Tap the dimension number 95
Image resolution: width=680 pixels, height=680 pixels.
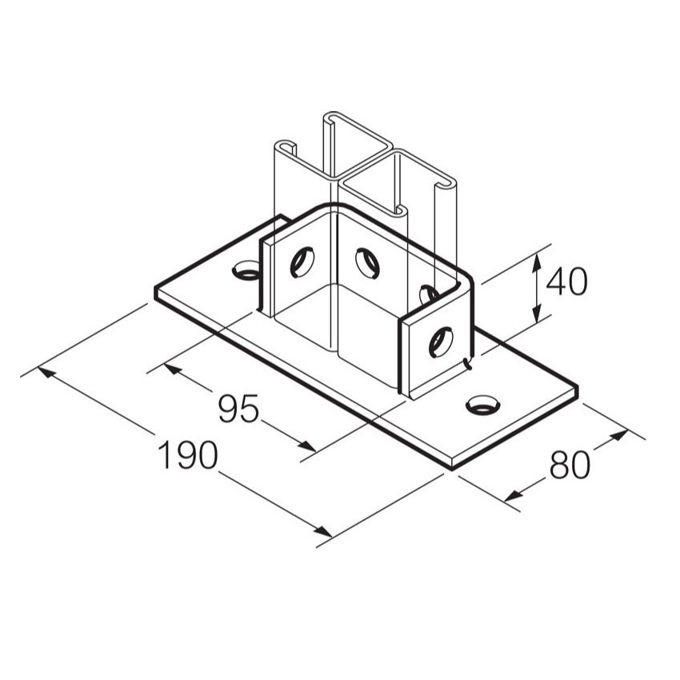coord(239,410)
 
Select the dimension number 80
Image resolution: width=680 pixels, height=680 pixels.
coord(570,465)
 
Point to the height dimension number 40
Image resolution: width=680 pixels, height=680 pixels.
coord(567,282)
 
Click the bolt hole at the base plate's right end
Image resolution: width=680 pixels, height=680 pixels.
coord(482,405)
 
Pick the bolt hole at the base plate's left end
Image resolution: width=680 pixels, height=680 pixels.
coord(246,271)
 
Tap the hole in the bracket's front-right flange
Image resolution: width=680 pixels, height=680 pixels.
coord(440,342)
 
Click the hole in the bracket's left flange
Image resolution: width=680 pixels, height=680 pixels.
coord(302,261)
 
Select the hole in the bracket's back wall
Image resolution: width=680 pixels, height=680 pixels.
coord(367,263)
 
